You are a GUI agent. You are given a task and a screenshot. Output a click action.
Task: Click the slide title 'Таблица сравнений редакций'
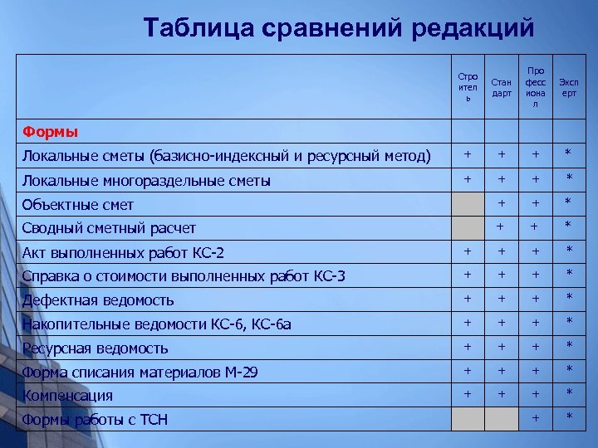(x=338, y=27)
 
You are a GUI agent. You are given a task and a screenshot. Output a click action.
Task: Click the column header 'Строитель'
(x=468, y=87)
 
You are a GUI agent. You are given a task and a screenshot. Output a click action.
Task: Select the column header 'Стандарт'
(x=502, y=87)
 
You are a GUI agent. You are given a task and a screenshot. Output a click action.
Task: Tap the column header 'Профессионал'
(x=536, y=87)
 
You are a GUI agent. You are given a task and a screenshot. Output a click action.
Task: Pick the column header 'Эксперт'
(x=569, y=87)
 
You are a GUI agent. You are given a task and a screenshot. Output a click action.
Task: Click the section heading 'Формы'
(x=50, y=131)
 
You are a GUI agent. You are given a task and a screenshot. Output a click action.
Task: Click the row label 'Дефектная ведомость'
(x=98, y=300)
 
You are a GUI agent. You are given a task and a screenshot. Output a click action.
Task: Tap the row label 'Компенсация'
(x=67, y=396)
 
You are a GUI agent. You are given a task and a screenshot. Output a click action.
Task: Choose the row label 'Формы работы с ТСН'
(x=95, y=420)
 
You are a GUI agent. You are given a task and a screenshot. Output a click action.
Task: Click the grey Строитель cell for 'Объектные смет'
(x=468, y=204)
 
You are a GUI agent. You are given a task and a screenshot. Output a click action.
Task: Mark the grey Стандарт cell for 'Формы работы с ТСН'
(x=502, y=419)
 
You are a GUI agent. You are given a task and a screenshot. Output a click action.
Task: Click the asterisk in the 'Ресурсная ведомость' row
(x=569, y=347)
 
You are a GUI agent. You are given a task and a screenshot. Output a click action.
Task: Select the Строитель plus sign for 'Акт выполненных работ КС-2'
(x=468, y=251)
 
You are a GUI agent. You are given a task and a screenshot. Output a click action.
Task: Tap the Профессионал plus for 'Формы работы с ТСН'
(x=536, y=417)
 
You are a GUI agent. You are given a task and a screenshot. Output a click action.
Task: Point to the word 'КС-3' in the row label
(x=329, y=276)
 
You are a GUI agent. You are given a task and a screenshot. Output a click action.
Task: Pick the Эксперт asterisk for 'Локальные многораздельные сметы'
(x=569, y=179)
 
